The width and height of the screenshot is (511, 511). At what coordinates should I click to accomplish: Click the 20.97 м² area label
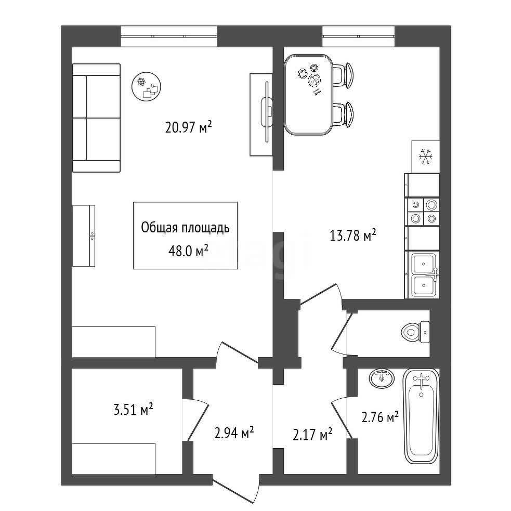[x=189, y=127]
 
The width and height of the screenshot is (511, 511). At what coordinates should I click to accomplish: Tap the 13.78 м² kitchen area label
[x=353, y=235]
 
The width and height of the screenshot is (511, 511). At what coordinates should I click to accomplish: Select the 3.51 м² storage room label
[x=133, y=409]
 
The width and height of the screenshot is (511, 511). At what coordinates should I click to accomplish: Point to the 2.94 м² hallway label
[x=234, y=433]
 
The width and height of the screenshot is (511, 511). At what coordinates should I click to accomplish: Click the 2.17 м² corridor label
[x=312, y=435]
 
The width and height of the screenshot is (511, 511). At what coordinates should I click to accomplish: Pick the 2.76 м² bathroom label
[x=380, y=417]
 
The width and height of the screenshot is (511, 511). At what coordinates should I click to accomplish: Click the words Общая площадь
[x=185, y=228]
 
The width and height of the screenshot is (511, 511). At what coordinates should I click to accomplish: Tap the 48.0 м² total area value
[x=188, y=251]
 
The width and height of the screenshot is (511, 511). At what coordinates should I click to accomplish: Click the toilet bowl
[x=415, y=332]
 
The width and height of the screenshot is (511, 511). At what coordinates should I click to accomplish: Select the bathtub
[x=422, y=416]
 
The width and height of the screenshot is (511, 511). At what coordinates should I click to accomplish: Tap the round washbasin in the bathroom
[x=382, y=378]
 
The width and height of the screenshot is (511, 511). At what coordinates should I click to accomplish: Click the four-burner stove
[x=422, y=212]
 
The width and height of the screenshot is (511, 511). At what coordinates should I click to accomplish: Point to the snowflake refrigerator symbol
[x=425, y=156]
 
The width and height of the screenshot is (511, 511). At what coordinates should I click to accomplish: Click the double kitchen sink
[x=423, y=274]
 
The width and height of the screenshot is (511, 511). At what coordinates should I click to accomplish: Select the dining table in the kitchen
[x=309, y=95]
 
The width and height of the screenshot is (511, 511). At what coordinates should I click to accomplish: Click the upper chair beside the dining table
[x=343, y=75]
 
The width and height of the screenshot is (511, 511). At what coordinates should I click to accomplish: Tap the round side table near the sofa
[x=146, y=86]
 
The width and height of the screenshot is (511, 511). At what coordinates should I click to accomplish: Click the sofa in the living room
[x=96, y=117]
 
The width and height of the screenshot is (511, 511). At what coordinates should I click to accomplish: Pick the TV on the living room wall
[x=267, y=111]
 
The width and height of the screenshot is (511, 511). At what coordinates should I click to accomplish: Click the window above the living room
[x=169, y=36]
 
